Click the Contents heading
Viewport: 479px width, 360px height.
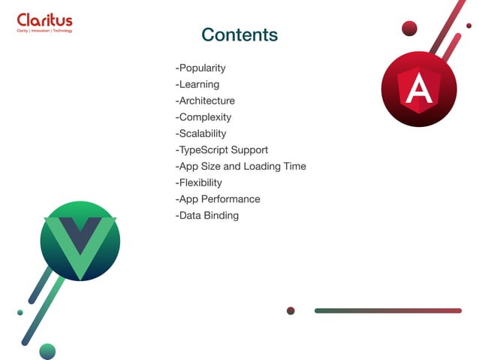(x=239, y=35)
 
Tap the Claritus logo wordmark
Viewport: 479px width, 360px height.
(x=44, y=20)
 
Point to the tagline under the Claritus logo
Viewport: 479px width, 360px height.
(x=44, y=31)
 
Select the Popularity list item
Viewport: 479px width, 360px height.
(x=200, y=68)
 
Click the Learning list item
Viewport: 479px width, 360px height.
(x=197, y=84)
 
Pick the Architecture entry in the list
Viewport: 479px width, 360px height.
(x=205, y=101)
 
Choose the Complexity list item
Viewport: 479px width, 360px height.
(x=203, y=117)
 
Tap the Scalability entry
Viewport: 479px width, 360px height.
(x=200, y=134)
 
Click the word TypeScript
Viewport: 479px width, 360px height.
(x=203, y=150)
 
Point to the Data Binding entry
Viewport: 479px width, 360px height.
(x=207, y=216)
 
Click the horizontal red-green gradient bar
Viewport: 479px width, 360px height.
(x=387, y=310)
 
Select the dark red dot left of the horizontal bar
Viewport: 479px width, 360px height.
(x=291, y=310)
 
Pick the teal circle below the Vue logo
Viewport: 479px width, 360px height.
(x=47, y=351)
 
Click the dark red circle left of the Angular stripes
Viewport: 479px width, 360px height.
(x=409, y=29)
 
